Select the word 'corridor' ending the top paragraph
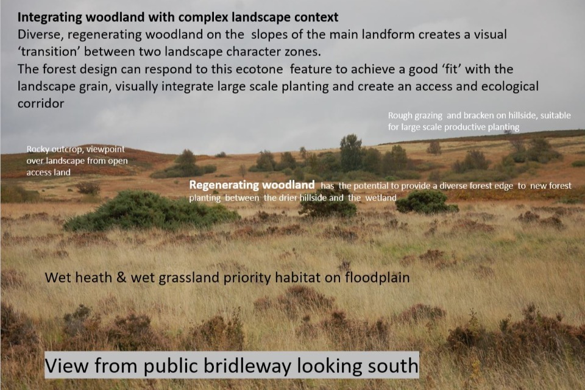41,104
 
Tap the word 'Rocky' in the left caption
38,149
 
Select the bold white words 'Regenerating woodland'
252,185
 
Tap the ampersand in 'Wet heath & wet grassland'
121,278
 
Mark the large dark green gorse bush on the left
149,211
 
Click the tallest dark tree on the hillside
351,152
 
